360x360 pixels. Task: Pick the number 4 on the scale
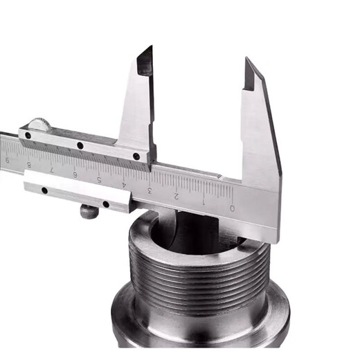[x=124, y=185]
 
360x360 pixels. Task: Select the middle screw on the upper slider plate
[x=80, y=145]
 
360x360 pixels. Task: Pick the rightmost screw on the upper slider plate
[x=136, y=156]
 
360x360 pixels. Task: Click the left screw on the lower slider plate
[x=44, y=190]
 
